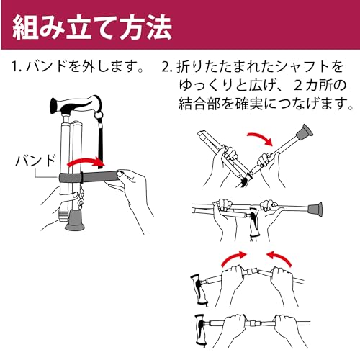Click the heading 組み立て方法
[92, 27]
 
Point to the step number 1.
[15, 68]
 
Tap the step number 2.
[166, 68]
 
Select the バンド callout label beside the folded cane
[36, 161]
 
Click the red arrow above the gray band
[86, 163]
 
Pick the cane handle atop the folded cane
[75, 104]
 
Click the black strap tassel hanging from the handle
[99, 139]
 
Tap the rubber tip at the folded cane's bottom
[76, 220]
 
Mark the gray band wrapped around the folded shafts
[89, 178]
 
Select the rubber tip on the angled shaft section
[305, 133]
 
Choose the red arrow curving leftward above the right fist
[279, 258]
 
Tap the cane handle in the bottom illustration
[201, 330]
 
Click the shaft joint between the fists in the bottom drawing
[252, 323]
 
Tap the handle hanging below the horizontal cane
[255, 222]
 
